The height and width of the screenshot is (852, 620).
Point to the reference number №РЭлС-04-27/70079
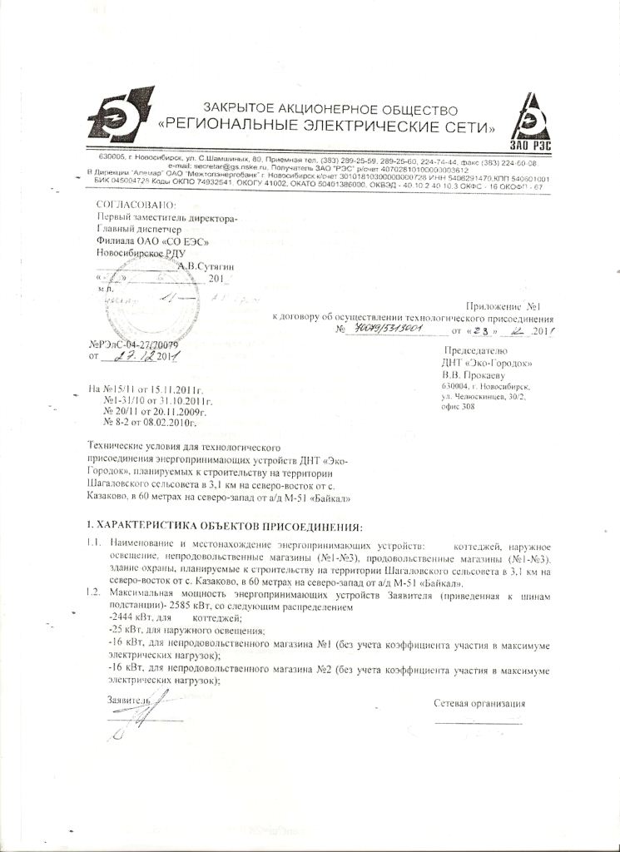coord(133,343)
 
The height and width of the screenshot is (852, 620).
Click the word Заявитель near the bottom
coord(126,701)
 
